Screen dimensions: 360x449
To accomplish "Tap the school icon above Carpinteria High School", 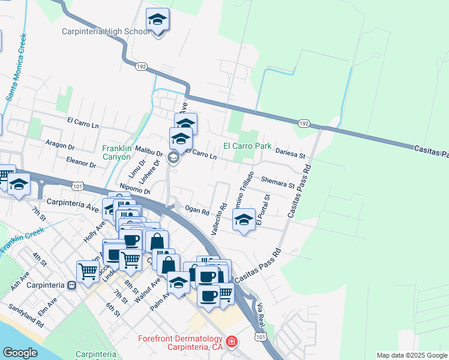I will click(x=158, y=20).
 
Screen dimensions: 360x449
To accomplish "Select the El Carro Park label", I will click(x=247, y=146).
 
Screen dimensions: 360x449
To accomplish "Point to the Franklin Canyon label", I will click(x=116, y=152).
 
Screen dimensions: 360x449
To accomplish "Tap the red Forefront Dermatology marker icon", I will click(x=232, y=343).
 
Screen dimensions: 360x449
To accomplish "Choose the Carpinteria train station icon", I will click(x=72, y=285).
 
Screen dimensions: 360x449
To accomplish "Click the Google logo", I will click(x=20, y=353).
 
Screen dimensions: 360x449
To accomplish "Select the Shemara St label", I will click(x=277, y=182).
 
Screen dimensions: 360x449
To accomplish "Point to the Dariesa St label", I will click(x=291, y=152).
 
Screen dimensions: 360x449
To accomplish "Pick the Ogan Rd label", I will click(x=197, y=210).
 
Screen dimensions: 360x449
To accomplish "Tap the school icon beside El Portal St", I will click(x=244, y=220).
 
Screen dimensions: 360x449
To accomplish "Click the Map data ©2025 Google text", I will click(x=411, y=355).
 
